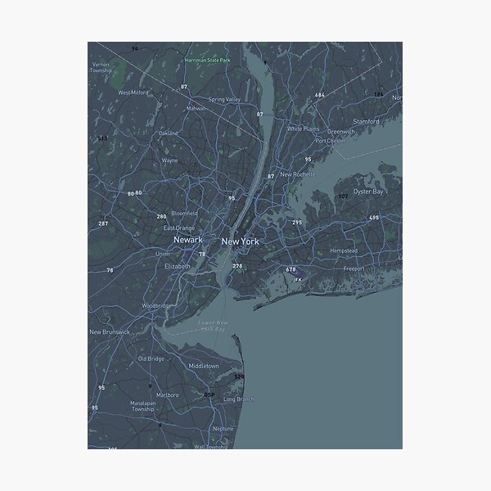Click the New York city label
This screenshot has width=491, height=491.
(240, 241)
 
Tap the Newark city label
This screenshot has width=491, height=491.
(188, 240)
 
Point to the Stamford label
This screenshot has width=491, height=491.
(366, 121)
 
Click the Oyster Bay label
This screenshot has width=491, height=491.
(367, 191)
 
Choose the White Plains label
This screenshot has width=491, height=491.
(303, 128)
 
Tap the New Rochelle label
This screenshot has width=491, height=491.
(298, 174)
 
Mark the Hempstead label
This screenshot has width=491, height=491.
(343, 250)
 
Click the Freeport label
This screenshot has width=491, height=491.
(354, 268)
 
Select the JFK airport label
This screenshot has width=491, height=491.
(297, 279)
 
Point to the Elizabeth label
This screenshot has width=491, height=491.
(177, 266)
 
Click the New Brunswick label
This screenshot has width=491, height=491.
(109, 331)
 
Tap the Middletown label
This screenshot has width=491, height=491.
(204, 365)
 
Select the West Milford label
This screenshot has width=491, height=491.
(133, 92)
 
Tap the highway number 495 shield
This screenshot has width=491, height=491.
(374, 218)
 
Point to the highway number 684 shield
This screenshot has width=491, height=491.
(319, 95)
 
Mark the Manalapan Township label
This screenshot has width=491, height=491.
(120, 407)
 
